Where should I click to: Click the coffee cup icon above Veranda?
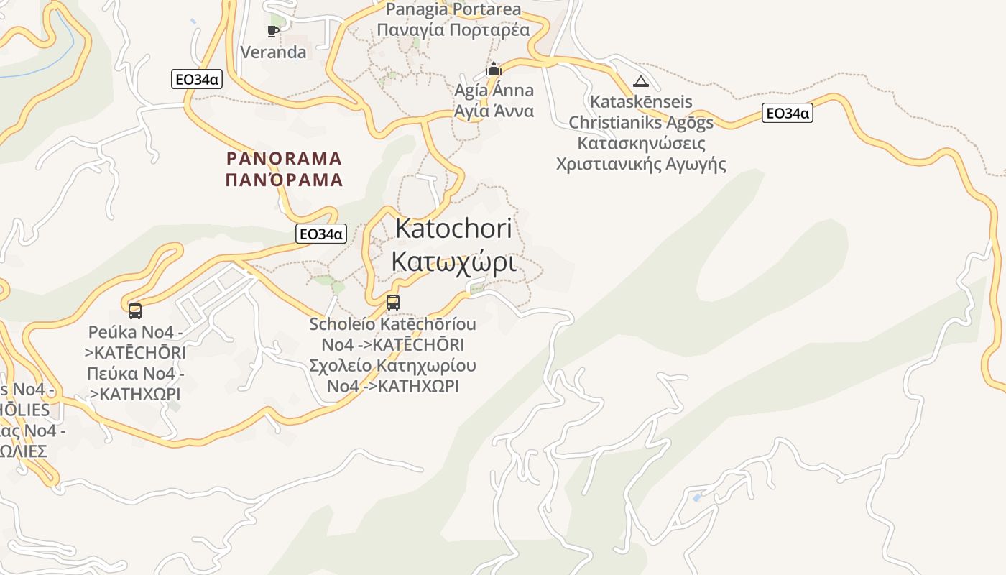272,31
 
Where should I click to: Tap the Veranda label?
273,52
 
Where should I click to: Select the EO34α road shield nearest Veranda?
196,79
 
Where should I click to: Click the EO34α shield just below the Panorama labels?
320,234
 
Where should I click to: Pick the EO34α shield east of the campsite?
788,113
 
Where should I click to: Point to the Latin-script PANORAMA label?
285,158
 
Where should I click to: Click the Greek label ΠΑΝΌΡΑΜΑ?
285,180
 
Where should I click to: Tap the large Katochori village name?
453,229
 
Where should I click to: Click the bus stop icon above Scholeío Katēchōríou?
392,303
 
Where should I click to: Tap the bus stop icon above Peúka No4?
135,311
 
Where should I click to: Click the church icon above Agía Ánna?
494,70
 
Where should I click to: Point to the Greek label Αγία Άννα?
494,111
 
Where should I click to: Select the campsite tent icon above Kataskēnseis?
641,81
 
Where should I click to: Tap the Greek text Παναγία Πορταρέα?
453,29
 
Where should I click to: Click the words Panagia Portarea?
453,9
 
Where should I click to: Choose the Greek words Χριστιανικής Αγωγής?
641,164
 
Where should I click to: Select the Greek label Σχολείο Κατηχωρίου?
392,365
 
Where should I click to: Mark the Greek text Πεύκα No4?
135,374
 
